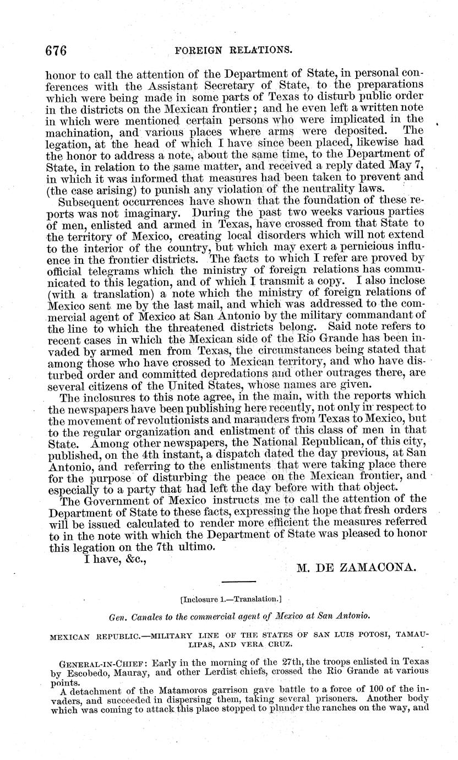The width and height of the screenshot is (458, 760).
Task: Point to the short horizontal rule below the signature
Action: (x=238, y=582)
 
